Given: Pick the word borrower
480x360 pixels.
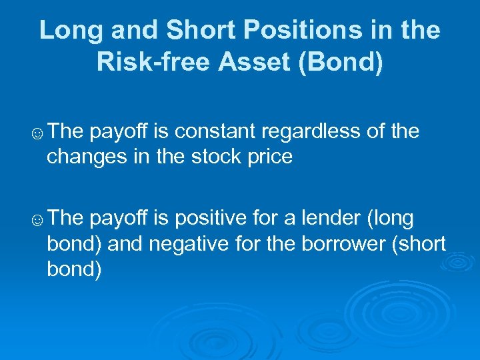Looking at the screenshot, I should (339, 243).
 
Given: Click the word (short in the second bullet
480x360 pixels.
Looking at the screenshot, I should (417, 243).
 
